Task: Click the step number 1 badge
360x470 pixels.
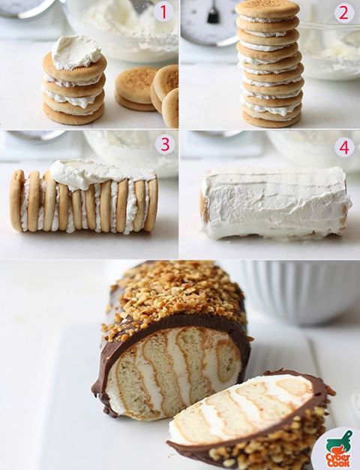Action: [x=163, y=13]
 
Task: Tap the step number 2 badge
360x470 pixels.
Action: [x=344, y=13]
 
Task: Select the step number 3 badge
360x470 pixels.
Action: [x=165, y=144]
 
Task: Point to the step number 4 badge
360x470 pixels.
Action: [x=344, y=147]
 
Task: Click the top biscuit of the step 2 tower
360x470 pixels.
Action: [x=268, y=9]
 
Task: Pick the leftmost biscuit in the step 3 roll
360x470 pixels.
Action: [x=16, y=200]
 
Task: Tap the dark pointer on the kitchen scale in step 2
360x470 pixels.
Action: [x=213, y=12]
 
